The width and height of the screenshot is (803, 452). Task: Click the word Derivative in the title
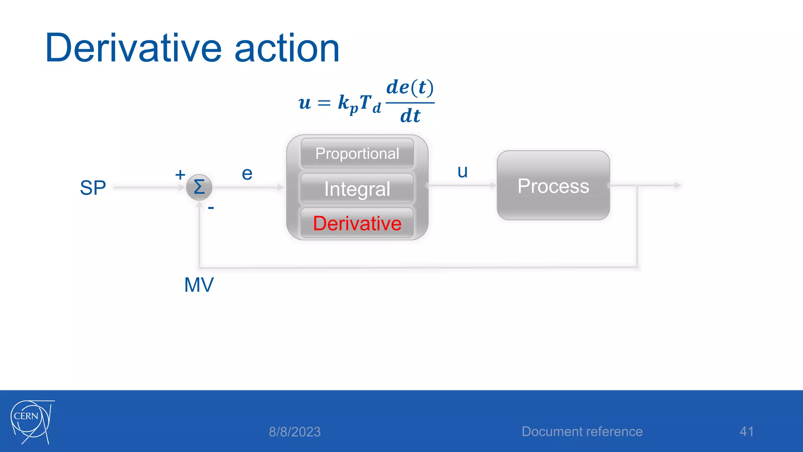coord(133,48)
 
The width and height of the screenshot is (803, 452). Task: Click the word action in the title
coord(287,48)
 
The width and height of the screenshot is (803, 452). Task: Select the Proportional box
coord(357,153)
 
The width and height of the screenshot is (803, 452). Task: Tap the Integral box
coord(357,189)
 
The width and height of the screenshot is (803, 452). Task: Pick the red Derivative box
coord(357,223)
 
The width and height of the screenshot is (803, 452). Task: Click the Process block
coord(553,186)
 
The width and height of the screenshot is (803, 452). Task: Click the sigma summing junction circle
coord(199,187)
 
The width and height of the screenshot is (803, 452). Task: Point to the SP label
coord(93,188)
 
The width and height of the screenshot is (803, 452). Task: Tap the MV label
coord(199,285)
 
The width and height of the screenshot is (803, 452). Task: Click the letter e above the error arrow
coord(247,174)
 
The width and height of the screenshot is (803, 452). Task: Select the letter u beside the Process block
coord(463,172)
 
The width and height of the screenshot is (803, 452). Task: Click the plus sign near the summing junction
coord(180,175)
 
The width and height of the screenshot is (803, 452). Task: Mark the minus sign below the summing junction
coord(211,208)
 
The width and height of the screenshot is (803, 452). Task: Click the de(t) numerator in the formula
coord(410,87)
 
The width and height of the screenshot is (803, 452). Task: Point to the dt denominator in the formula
coord(410,116)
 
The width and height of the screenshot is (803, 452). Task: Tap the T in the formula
coord(365,102)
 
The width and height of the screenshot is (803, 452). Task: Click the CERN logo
coord(31,422)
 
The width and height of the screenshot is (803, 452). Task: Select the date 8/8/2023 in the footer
coord(294,432)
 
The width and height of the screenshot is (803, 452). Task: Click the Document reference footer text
coord(582,432)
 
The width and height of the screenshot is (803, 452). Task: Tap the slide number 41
coord(746,432)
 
